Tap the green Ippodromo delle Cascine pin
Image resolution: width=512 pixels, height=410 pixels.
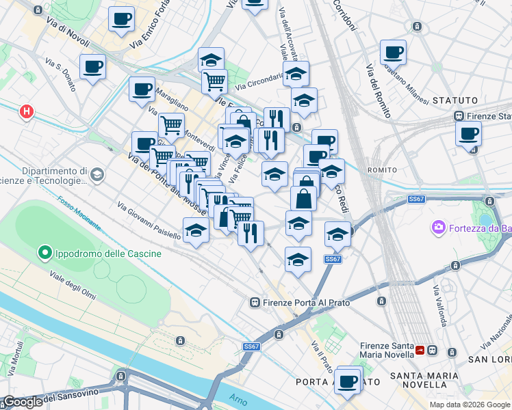(45, 254)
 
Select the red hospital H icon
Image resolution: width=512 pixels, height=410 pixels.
(26, 111)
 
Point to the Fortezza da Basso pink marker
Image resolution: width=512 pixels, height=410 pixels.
(438, 227)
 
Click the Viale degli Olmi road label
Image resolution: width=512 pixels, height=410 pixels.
(72, 286)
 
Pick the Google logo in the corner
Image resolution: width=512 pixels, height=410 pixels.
(23, 402)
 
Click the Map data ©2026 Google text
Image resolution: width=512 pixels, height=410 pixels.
(470, 405)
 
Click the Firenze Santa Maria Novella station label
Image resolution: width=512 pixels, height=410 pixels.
(385, 351)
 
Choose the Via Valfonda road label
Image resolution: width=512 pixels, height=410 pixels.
(439, 306)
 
